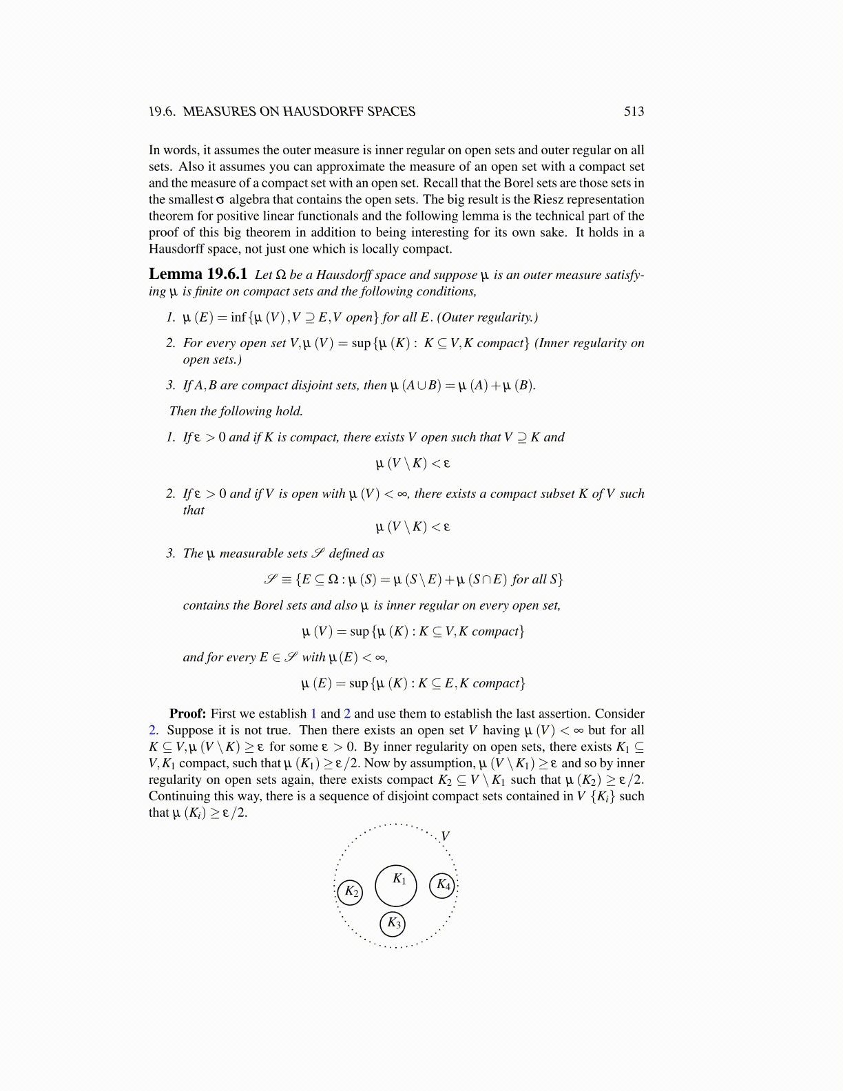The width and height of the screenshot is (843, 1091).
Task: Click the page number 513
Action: pos(634,112)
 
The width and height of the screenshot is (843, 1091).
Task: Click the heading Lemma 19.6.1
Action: pos(198,274)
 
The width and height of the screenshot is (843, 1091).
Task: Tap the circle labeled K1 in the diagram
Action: pos(396,886)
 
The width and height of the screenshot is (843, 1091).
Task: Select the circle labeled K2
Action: pos(351,892)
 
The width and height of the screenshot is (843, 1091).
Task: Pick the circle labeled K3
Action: pos(393,924)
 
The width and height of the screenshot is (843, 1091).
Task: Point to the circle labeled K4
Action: pos(442,885)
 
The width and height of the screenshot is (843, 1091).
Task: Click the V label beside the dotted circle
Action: pos(446,836)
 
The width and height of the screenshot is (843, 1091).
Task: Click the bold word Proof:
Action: pos(187,714)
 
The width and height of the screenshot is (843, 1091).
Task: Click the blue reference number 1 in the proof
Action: pos(314,714)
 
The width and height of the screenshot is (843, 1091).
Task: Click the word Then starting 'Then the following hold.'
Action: pos(183,411)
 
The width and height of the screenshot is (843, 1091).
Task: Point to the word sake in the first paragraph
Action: pos(553,233)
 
